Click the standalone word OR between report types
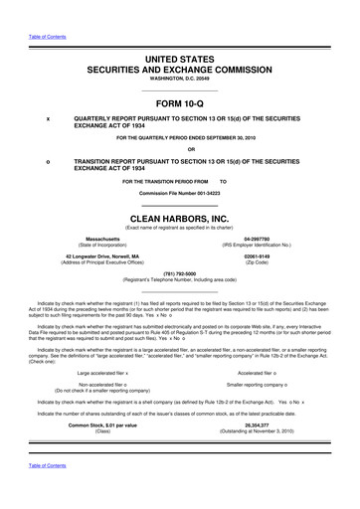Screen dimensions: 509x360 click(x=180, y=150)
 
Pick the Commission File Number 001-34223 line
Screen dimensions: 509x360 click(x=180, y=192)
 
